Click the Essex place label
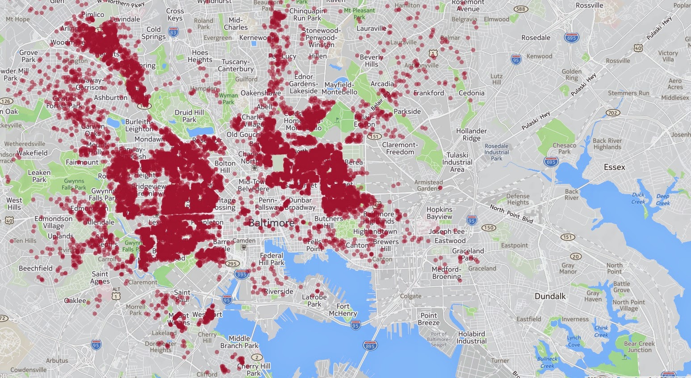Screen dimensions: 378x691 [614, 167]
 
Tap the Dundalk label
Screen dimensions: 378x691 [550, 296]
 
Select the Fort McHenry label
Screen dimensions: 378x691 [343, 310]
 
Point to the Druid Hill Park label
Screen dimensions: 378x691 [189, 116]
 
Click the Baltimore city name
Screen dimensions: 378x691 [272, 223]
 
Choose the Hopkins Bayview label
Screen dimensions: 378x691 [439, 213]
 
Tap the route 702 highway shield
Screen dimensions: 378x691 [613, 112]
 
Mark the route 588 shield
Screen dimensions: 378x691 [520, 9]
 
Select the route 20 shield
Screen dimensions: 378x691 [576, 256]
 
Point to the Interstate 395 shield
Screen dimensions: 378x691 [242, 275]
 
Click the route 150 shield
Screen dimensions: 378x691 [489, 228]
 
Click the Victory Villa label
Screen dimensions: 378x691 [668, 56]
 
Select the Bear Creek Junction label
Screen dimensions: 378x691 [639, 347]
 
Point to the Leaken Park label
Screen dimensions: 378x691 [39, 176]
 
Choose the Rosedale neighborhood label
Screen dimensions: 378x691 [536, 37]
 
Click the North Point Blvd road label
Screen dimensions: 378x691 [511, 214]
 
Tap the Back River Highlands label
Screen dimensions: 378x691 [607, 144]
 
